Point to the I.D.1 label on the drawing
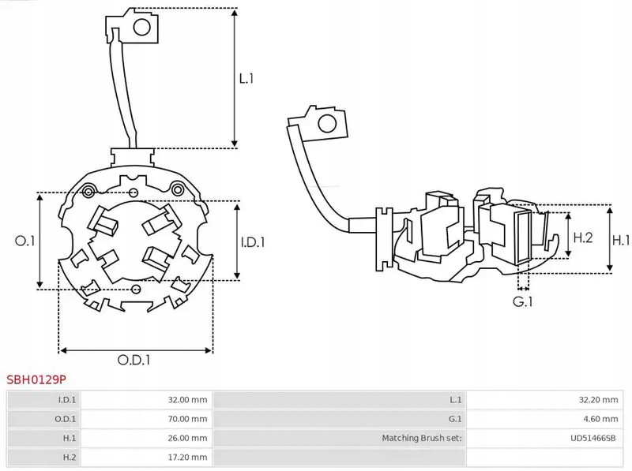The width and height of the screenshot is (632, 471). click(x=253, y=242)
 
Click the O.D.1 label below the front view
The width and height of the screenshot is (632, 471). click(x=134, y=360)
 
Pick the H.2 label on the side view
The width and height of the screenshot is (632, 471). click(x=582, y=237)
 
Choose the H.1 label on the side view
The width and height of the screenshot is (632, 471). click(x=622, y=240)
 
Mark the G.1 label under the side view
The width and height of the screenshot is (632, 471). click(x=523, y=301)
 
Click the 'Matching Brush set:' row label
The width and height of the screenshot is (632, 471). click(x=422, y=437)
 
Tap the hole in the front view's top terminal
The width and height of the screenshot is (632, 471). click(x=143, y=29)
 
